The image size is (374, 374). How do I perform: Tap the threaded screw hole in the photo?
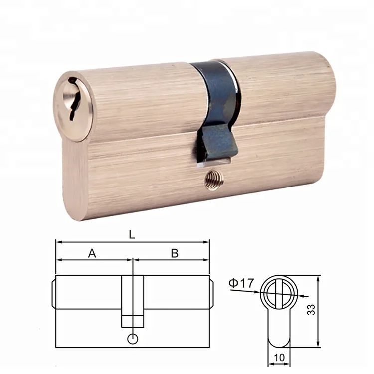[213, 180]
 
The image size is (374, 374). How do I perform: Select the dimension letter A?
[92, 253]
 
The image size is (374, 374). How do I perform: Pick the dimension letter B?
[175, 253]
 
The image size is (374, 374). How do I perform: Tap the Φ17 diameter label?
[242, 283]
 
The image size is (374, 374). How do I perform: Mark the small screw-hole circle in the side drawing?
[132, 339]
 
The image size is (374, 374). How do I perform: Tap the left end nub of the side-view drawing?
[53, 294]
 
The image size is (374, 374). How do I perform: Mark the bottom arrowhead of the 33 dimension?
[318, 345]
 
